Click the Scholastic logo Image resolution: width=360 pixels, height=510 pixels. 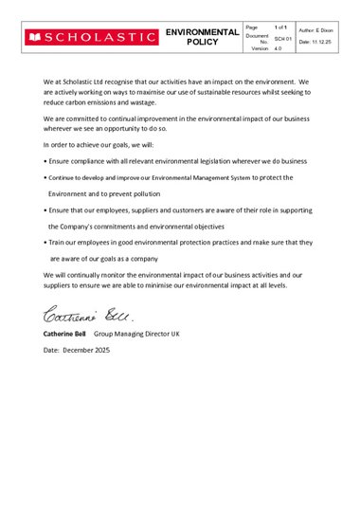click(92, 37)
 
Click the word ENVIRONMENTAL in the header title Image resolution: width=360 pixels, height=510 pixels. click(202, 32)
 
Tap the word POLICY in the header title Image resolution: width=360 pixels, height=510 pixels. click(202, 43)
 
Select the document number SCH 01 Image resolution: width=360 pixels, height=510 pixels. click(282, 38)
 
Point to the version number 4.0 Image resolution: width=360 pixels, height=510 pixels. click(278, 47)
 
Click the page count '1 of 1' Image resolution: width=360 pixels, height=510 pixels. click(281, 27)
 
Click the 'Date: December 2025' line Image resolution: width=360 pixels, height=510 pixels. click(79, 351)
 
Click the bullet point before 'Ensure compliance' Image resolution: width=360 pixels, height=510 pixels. click(45, 162)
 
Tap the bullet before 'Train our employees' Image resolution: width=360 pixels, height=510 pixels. click(45, 243)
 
